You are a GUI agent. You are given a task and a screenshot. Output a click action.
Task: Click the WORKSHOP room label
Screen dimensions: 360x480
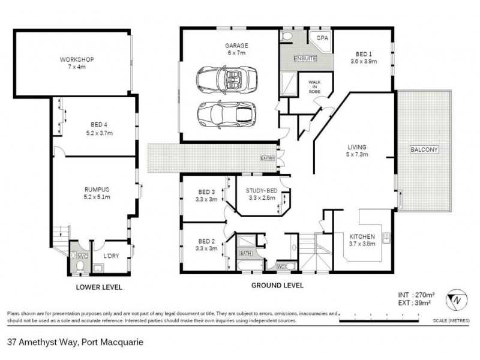[76, 59]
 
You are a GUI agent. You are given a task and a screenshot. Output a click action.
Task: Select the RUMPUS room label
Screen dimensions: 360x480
[97, 189]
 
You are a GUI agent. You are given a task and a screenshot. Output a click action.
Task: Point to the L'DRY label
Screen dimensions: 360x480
[112, 256]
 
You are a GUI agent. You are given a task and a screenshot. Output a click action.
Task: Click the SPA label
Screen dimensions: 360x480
[323, 38]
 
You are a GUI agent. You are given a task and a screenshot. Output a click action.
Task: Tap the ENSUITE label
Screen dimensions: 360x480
[305, 58]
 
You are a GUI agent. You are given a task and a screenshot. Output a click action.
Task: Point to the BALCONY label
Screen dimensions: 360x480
[424, 149]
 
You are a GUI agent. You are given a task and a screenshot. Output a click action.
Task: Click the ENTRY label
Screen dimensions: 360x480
[267, 158]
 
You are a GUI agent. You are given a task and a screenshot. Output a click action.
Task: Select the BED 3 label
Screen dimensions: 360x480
[207, 193]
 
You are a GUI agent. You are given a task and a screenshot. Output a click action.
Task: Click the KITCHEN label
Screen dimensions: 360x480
[362, 237]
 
